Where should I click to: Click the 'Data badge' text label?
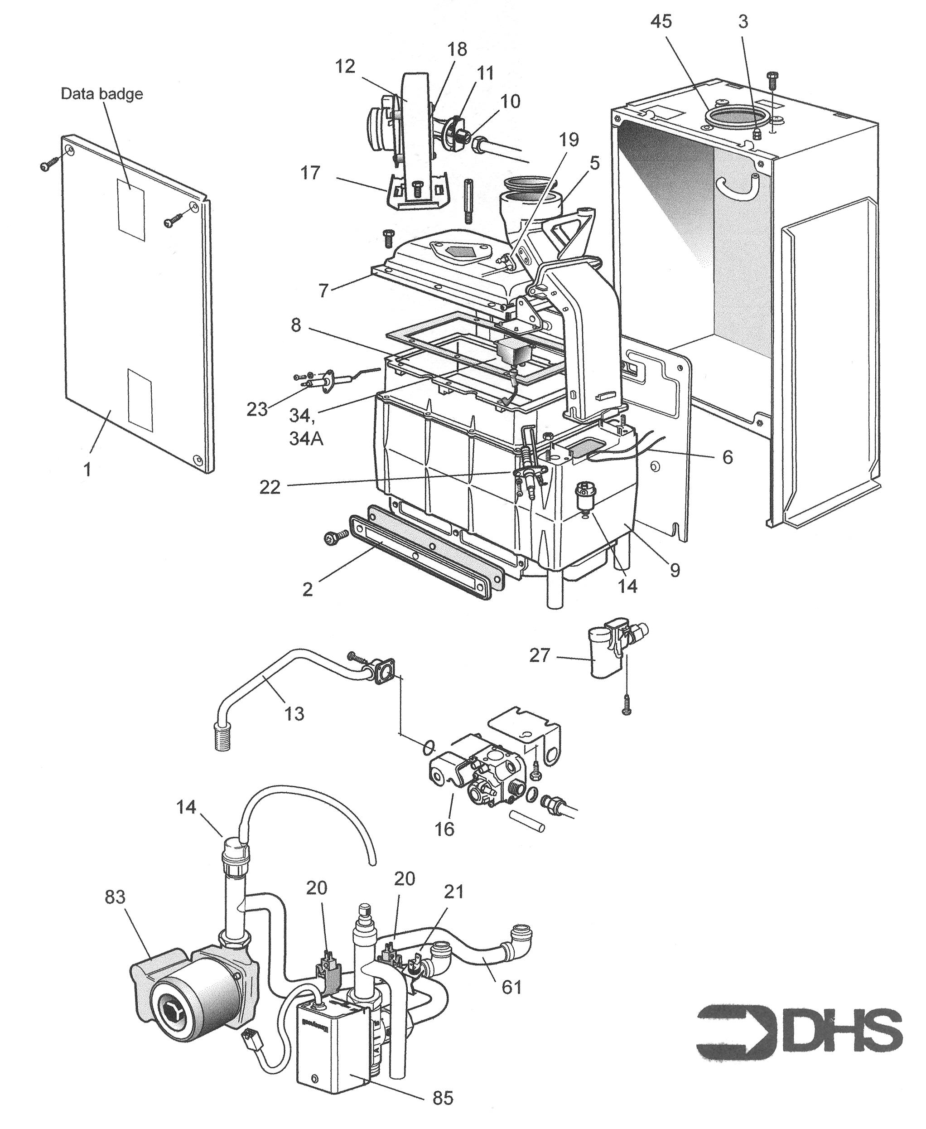click(102, 94)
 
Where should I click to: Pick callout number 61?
click(511, 987)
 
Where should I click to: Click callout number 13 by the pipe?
click(294, 713)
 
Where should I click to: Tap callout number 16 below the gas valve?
click(444, 828)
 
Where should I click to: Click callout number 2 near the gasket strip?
click(307, 589)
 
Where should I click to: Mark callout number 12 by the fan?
click(345, 67)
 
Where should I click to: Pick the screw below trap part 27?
click(627, 710)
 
